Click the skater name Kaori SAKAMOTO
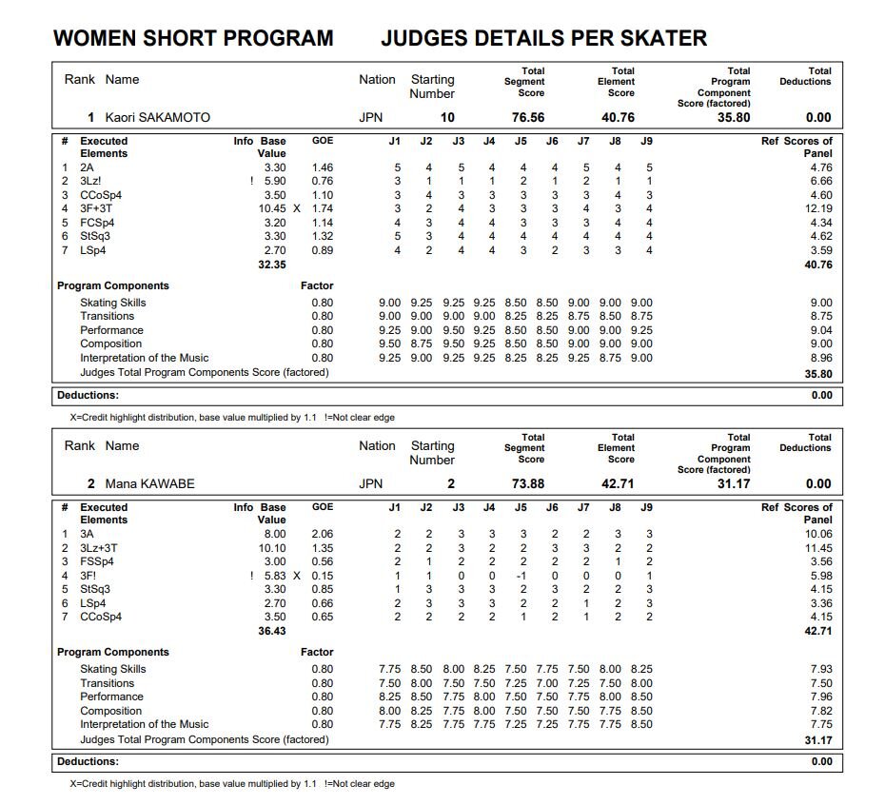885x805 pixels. [157, 118]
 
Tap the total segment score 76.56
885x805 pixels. [528, 118]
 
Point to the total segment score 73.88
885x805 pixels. [528, 484]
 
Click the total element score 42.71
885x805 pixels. [619, 484]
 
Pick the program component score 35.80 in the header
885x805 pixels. [734, 118]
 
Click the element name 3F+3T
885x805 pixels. [97, 209]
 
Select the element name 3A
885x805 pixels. [87, 535]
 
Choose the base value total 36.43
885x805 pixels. [272, 631]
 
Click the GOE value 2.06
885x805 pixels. [323, 535]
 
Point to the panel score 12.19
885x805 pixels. [818, 209]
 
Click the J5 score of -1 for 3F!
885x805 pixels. [521, 576]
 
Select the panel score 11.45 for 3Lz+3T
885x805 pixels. [818, 548]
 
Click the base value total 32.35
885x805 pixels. [272, 265]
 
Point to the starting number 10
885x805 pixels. [447, 118]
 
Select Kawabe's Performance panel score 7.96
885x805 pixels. [820, 697]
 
